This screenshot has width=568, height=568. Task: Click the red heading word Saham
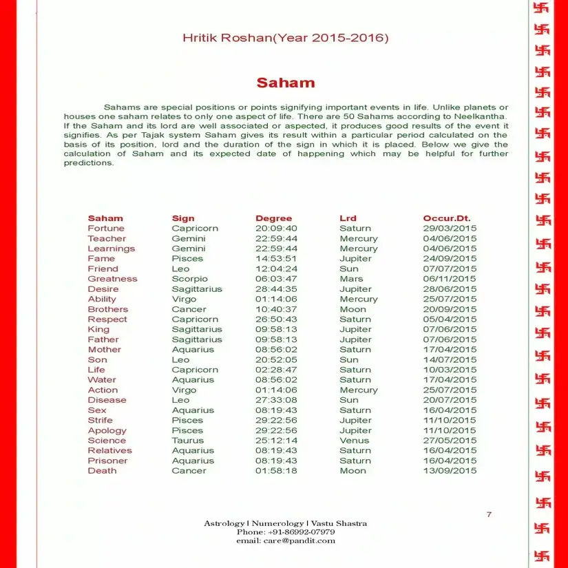[x=285, y=83]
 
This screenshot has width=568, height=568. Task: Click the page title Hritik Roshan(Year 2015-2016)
[x=285, y=37]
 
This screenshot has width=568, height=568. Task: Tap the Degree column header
[x=273, y=218]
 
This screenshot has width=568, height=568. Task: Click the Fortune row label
[x=106, y=229]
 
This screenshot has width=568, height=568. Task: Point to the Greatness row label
[x=112, y=279]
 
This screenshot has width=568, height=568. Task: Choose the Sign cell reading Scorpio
[x=189, y=279]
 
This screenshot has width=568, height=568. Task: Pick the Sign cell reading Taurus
[x=187, y=441]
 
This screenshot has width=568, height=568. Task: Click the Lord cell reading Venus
[x=354, y=441]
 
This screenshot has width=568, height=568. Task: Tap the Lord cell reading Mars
[x=351, y=279]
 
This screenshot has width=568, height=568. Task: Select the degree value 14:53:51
[x=276, y=259]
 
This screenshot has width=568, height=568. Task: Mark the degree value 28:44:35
[x=276, y=289]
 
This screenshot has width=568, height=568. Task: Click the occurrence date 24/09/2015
[x=450, y=259]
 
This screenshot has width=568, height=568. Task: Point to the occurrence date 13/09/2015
[x=450, y=471]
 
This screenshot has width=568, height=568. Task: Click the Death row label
[x=102, y=471]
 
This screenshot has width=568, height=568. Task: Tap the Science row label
[x=107, y=441]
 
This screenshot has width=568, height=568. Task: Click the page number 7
[x=489, y=514]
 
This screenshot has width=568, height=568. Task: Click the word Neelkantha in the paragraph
[x=481, y=117]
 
